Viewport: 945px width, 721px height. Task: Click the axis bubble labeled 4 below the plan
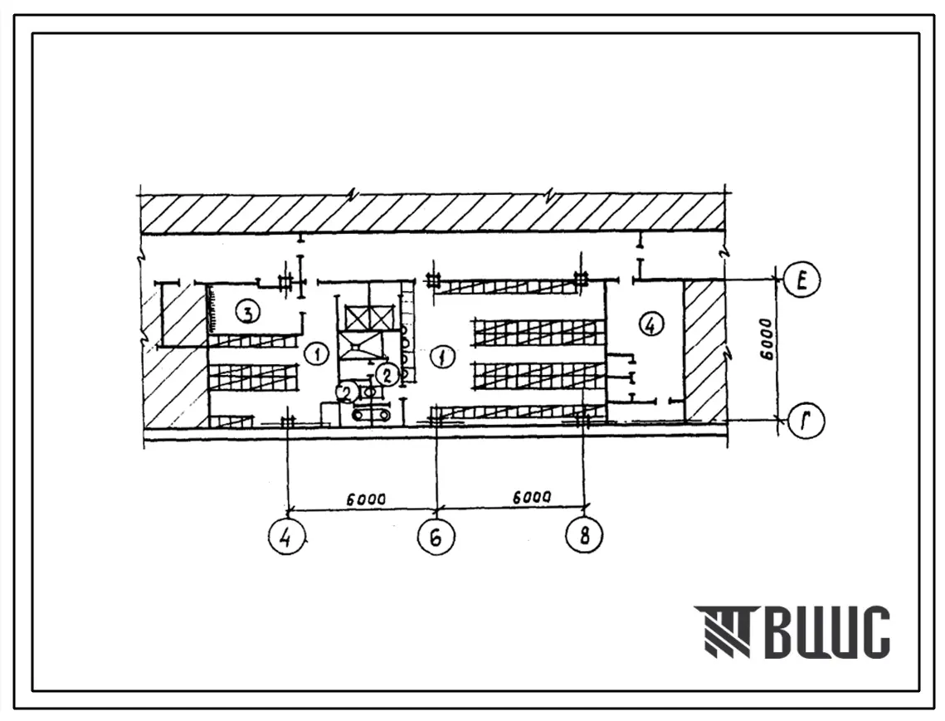click(x=287, y=536)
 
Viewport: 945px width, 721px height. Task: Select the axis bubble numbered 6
click(x=436, y=536)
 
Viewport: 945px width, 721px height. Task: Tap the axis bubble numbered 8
click(x=585, y=534)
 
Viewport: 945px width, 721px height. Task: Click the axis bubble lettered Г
click(x=805, y=420)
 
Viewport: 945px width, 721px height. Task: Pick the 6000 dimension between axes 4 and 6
click(x=366, y=499)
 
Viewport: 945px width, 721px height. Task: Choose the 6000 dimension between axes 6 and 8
click(x=531, y=498)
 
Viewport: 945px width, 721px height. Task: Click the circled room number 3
click(x=248, y=312)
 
